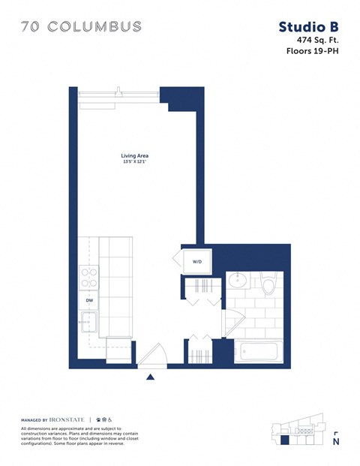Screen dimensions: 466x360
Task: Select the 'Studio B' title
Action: (307, 27)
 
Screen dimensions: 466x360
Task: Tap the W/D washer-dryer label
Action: (197, 262)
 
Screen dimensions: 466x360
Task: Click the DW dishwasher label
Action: (88, 300)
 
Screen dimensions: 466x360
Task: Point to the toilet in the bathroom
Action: (268, 284)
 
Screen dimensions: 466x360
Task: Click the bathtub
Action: (258, 351)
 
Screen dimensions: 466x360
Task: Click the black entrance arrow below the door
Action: (151, 377)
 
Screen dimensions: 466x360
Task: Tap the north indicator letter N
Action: (336, 443)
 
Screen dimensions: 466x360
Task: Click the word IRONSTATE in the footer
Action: (69, 419)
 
